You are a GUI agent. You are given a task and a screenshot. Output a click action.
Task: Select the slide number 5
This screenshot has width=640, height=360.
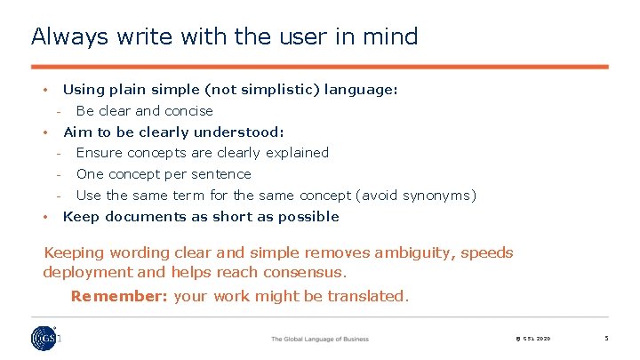point(605,339)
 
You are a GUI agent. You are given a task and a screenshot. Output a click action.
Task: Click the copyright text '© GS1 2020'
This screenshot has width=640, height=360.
point(532,339)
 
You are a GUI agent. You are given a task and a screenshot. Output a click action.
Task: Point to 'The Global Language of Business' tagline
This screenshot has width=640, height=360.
point(319,339)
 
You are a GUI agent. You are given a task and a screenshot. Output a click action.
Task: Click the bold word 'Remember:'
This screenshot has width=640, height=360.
point(120,296)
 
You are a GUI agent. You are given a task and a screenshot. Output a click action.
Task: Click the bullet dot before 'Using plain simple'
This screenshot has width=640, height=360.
point(44,90)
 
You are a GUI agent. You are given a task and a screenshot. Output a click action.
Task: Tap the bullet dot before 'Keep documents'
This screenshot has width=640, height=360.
point(44,217)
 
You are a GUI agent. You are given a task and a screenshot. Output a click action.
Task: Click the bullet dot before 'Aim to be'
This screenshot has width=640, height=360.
point(44,132)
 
